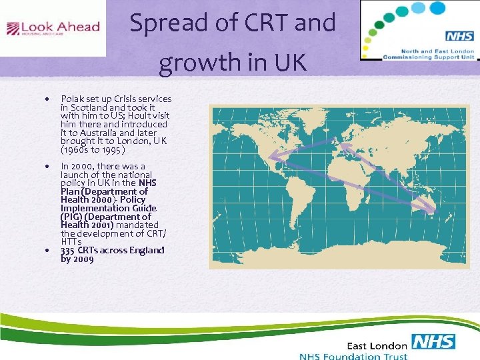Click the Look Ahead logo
tap(53, 29)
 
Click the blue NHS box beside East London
tap(433, 342)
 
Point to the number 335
tap(69, 251)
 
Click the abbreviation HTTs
tap(71, 242)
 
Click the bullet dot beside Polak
tap(46, 99)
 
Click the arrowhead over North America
tap(274, 159)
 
